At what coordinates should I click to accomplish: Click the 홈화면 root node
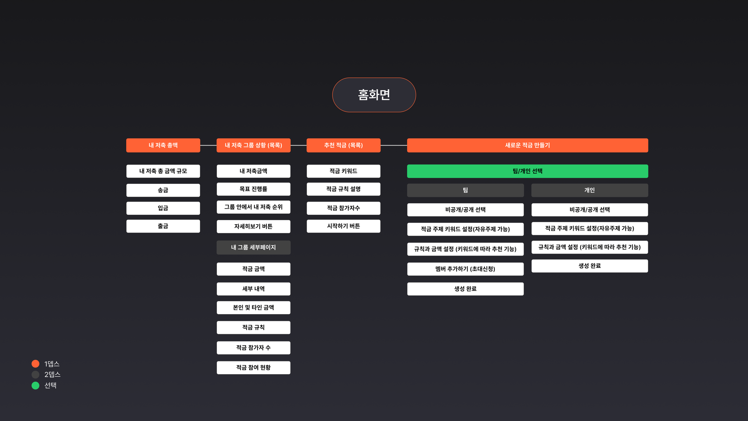[x=374, y=95]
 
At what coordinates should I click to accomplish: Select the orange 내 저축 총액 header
[x=163, y=145]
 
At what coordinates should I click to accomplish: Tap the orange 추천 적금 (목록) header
[x=343, y=145]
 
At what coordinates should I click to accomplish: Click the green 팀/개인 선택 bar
[x=527, y=171]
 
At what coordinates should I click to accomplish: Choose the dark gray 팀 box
[x=465, y=190]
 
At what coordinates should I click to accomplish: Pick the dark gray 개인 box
[x=589, y=190]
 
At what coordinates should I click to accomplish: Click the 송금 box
[x=163, y=190]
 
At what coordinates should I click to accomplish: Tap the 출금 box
[x=163, y=226]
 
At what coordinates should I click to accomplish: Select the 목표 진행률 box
[x=253, y=189]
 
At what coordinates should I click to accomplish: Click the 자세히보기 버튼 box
[x=253, y=226]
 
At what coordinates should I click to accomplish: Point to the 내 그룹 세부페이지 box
[x=253, y=247]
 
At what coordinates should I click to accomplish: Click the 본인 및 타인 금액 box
[x=253, y=308]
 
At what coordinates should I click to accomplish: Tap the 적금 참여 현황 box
[x=253, y=367]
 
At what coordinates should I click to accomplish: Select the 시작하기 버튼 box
[x=343, y=226]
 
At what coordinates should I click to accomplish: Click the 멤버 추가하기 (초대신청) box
[x=465, y=269]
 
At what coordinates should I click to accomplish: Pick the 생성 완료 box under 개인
[x=589, y=266]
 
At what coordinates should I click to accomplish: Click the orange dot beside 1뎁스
[x=36, y=364]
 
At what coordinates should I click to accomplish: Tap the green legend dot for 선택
[x=36, y=385]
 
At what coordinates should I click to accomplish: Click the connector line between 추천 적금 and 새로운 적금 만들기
[x=394, y=145]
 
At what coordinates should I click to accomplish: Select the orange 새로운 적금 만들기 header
[x=527, y=145]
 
